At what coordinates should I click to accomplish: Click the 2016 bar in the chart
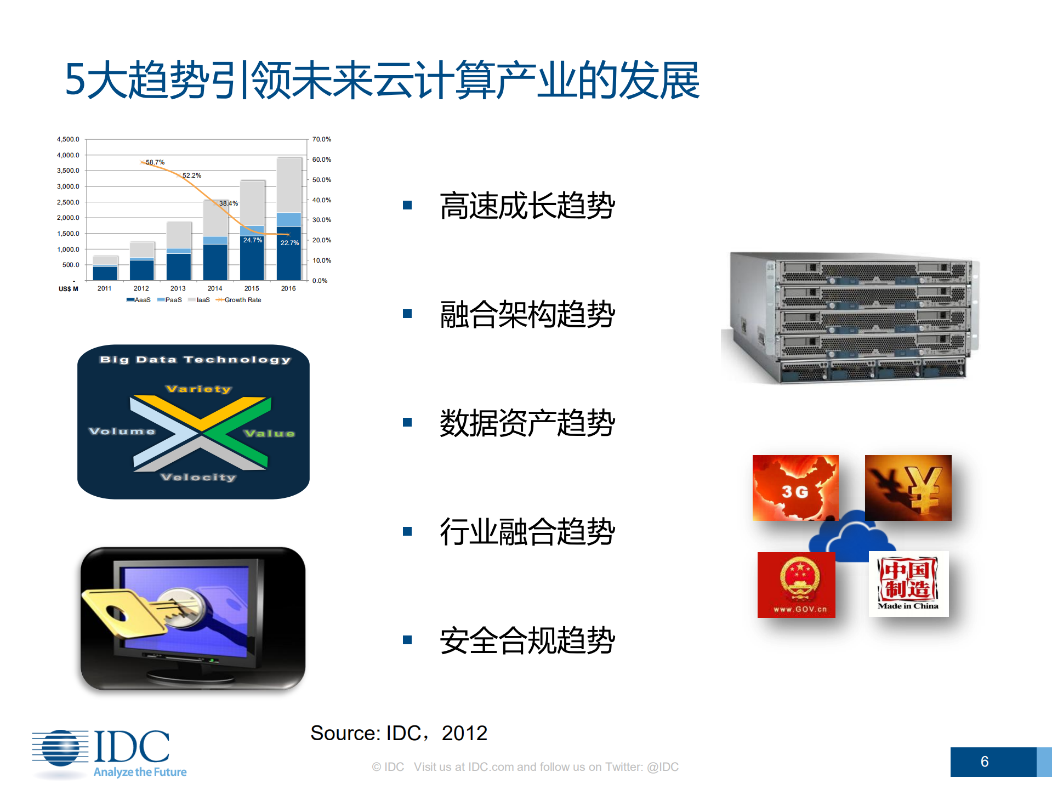pos(289,219)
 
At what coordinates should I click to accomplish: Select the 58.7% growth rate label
pos(155,162)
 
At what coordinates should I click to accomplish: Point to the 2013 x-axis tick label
pos(178,288)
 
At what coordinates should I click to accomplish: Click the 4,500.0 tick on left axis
pos(68,139)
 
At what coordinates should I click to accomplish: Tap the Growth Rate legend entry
pos(239,300)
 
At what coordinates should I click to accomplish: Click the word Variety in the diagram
pos(198,389)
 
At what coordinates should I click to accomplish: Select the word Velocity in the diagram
pos(198,477)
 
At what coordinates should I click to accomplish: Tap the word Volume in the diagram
pos(122,432)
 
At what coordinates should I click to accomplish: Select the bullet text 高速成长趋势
pos(527,206)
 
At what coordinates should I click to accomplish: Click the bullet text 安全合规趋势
pos(527,640)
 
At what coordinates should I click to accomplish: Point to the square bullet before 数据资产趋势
pos(407,422)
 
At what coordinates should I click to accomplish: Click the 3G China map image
pos(795,487)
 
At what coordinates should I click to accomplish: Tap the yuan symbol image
pos(908,487)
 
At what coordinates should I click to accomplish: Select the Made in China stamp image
pos(908,583)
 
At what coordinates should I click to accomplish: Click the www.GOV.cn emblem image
pos(796,584)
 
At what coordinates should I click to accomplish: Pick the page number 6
pos(985,762)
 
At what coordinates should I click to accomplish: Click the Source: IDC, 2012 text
pos(399,733)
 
